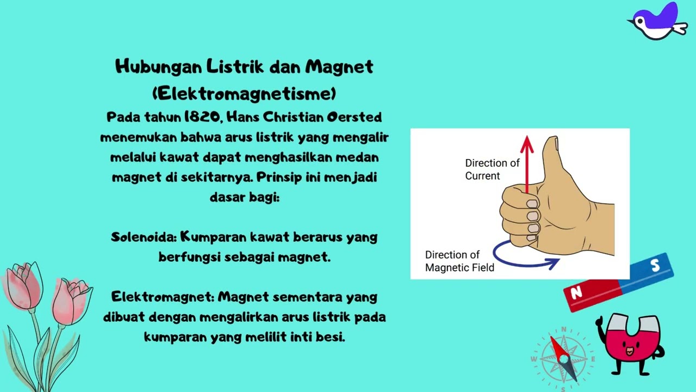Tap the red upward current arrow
click(x=526, y=163)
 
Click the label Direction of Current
click(x=492, y=169)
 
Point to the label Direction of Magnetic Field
click(x=459, y=261)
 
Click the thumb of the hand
click(x=552, y=158)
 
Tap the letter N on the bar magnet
click(x=576, y=293)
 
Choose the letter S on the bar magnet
click(x=655, y=266)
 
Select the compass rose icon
click(x=563, y=358)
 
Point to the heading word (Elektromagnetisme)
click(x=244, y=94)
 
